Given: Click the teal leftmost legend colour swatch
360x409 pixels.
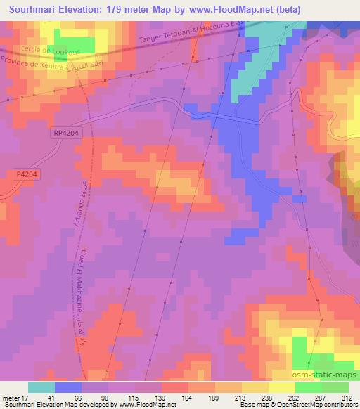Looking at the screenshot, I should pyautogui.click(x=41, y=387).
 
